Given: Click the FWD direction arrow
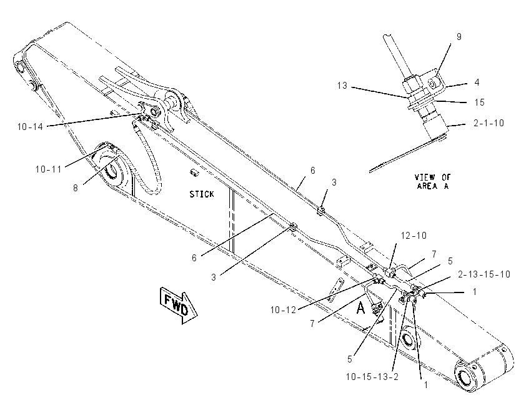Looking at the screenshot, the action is [x=179, y=305].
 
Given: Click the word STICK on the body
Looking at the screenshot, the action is [x=202, y=194].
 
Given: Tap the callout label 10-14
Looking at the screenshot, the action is [x=31, y=127].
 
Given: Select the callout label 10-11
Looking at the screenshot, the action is [x=49, y=169].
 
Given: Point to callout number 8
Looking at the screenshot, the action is [x=76, y=188].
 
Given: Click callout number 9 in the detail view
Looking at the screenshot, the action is [x=459, y=37].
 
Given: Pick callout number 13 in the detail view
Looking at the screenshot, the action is [x=342, y=86].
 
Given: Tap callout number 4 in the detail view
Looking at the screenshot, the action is [x=477, y=82].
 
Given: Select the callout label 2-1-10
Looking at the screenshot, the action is [x=489, y=123].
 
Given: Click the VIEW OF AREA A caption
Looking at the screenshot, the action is [x=433, y=182].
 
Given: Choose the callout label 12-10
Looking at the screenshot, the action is [x=414, y=236].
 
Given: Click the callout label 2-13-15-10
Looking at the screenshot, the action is [x=484, y=274].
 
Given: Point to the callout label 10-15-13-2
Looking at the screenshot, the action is [x=372, y=376].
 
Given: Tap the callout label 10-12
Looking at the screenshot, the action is [x=283, y=309].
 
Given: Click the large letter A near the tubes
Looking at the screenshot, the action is [x=361, y=308].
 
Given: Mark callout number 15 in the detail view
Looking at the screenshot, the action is [x=480, y=102].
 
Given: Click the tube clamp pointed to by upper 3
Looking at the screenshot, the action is [x=320, y=211].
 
